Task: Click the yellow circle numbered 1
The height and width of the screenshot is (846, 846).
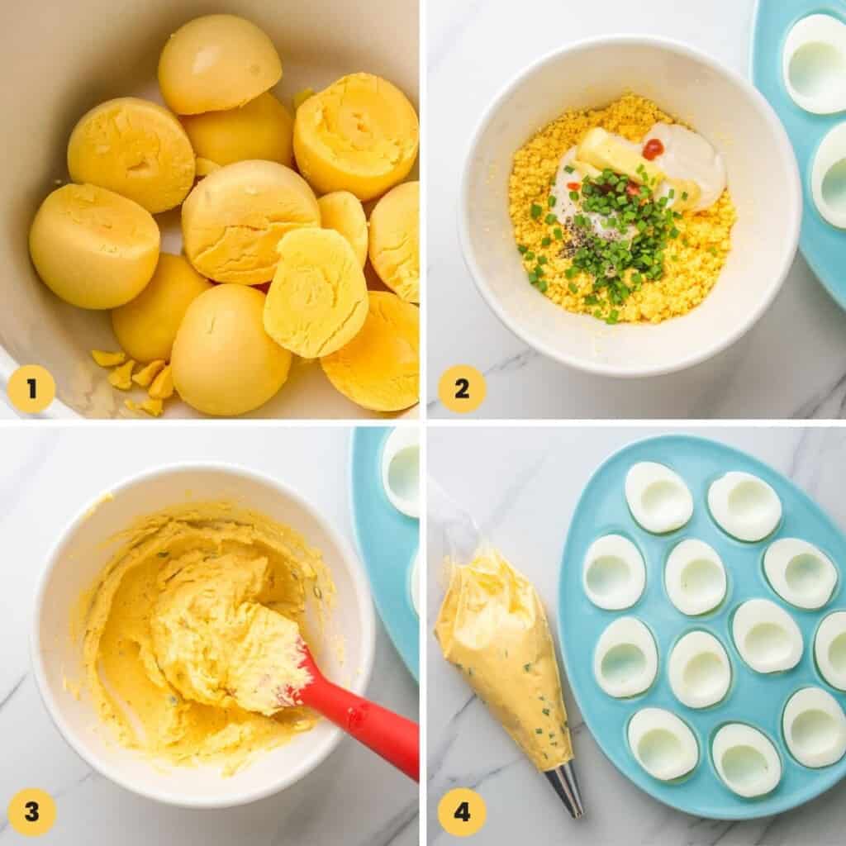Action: pyautogui.click(x=31, y=388)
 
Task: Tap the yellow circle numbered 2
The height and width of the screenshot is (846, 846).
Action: pyautogui.click(x=461, y=388)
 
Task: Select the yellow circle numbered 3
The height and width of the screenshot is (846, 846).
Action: pyautogui.click(x=31, y=811)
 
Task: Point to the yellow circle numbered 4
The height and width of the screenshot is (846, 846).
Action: pyautogui.click(x=461, y=811)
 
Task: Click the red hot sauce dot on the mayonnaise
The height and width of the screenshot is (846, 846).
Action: pyautogui.click(x=653, y=149)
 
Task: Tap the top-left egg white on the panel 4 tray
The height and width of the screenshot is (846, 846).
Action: pyautogui.click(x=658, y=497)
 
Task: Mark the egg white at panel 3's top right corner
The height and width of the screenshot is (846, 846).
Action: pyautogui.click(x=402, y=471)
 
